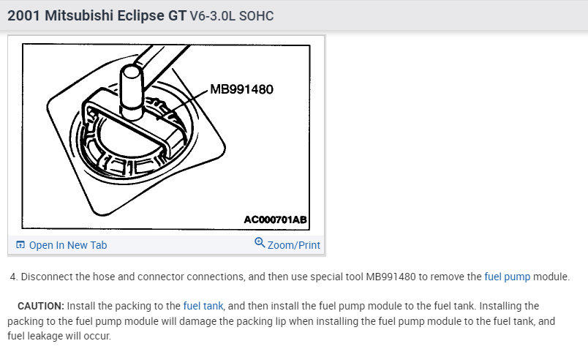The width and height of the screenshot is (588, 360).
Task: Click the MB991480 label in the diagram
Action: tap(241, 89)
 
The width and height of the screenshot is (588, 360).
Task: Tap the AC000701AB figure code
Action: tap(275, 220)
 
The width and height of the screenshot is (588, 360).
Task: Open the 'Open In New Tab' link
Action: tap(68, 245)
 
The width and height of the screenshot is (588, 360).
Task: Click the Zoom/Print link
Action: tap(293, 245)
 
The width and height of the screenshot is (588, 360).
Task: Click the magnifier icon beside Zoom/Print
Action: tap(260, 242)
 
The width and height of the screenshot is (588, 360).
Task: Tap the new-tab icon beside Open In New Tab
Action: tap(20, 245)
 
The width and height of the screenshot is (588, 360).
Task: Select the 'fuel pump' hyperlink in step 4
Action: tap(508, 277)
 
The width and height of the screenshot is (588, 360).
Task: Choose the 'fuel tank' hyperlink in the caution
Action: tap(203, 306)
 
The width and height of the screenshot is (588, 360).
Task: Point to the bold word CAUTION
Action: tap(41, 306)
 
